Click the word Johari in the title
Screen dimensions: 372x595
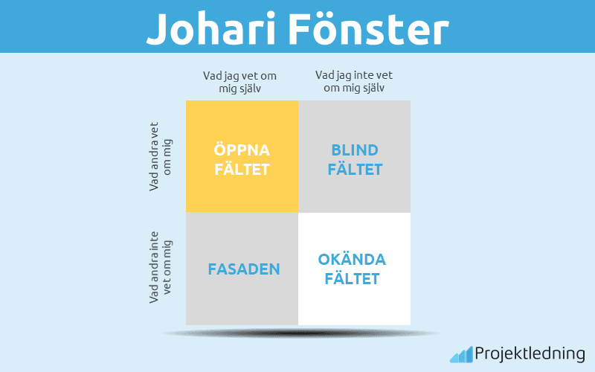pyautogui.click(x=209, y=28)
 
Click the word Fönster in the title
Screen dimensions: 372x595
pyautogui.click(x=368, y=28)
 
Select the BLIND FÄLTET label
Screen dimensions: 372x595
pyautogui.click(x=355, y=159)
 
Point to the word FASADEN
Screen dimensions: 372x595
pyautogui.click(x=244, y=269)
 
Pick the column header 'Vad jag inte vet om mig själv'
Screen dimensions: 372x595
pyautogui.click(x=354, y=81)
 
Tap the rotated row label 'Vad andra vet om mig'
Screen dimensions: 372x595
pyautogui.click(x=160, y=156)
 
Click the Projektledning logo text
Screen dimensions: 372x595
pyautogui.click(x=530, y=353)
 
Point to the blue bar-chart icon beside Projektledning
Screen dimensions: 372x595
pyautogui.click(x=460, y=354)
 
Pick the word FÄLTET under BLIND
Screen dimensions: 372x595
pyautogui.click(x=355, y=170)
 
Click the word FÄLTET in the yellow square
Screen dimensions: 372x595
pyautogui.click(x=242, y=170)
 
